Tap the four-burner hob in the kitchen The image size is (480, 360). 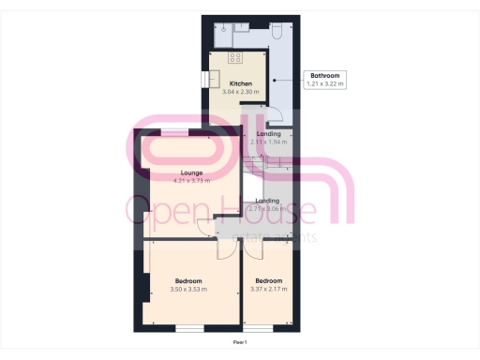tap(232, 59)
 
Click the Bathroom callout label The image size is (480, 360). tap(325, 75)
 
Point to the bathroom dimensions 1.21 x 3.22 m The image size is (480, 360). tap(325, 84)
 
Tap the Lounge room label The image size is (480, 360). tap(192, 172)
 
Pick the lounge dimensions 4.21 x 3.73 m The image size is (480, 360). tap(192, 180)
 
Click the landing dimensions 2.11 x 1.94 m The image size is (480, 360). tap(267, 142)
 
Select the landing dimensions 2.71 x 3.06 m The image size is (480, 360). tap(267, 209)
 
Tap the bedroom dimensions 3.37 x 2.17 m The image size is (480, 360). tap(268, 290)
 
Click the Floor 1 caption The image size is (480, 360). tap(241, 343)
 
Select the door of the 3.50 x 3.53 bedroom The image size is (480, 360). tap(225, 250)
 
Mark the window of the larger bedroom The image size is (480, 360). tap(190, 329)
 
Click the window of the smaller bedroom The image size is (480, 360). tap(260, 329)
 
